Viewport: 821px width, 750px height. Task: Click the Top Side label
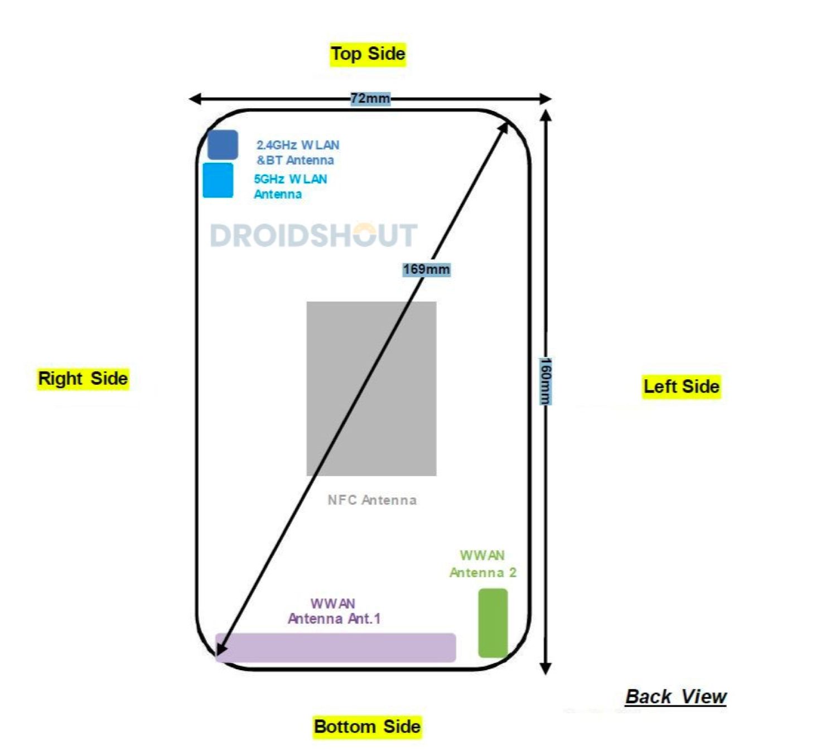pyautogui.click(x=368, y=55)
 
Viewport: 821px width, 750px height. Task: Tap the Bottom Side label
pyautogui.click(x=367, y=727)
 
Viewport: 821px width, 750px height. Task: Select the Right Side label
pyautogui.click(x=83, y=379)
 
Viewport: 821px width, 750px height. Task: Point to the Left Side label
pyautogui.click(x=681, y=386)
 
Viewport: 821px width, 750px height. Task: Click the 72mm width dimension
pyautogui.click(x=370, y=99)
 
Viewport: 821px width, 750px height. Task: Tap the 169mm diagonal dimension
pyautogui.click(x=426, y=270)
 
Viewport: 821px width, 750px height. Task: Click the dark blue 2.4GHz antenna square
pyautogui.click(x=223, y=144)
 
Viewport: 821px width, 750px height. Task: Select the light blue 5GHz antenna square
pyautogui.click(x=218, y=180)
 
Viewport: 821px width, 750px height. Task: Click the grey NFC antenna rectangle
pyautogui.click(x=371, y=389)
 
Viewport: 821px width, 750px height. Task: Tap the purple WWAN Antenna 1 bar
pyautogui.click(x=336, y=647)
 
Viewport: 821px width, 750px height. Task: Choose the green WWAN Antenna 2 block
pyautogui.click(x=493, y=623)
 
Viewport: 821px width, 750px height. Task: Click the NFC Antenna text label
pyautogui.click(x=372, y=500)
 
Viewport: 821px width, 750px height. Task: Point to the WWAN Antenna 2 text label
pyautogui.click(x=482, y=564)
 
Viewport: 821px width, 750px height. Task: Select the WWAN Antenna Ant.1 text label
pyautogui.click(x=334, y=611)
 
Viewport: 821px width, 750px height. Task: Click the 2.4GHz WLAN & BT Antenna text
pyautogui.click(x=297, y=153)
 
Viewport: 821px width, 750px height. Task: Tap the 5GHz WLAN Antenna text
pyautogui.click(x=290, y=187)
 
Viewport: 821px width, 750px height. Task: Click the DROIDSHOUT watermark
pyautogui.click(x=313, y=235)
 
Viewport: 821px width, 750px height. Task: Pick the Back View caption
pyautogui.click(x=675, y=697)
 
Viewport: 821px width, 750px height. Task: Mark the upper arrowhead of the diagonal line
pyautogui.click(x=503, y=128)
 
